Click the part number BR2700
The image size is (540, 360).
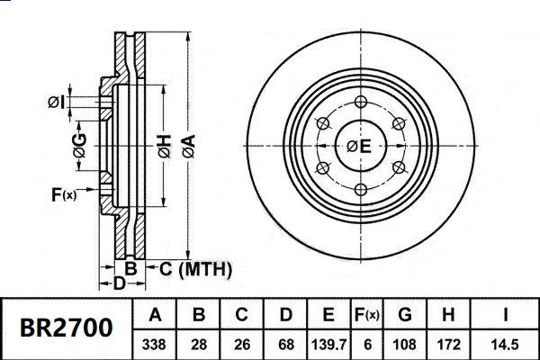pyautogui.click(x=67, y=328)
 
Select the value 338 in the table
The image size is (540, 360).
pyautogui.click(x=155, y=343)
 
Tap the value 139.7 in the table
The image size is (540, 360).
pyautogui.click(x=328, y=343)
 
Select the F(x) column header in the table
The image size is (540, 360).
pyautogui.click(x=367, y=315)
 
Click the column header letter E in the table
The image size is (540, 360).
pyautogui.click(x=328, y=315)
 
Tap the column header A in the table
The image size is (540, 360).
pyautogui.click(x=155, y=315)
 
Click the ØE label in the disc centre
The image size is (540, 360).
pyautogui.click(x=359, y=146)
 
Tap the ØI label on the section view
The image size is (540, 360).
pyautogui.click(x=56, y=102)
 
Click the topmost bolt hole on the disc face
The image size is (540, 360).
pyautogui.click(x=359, y=101)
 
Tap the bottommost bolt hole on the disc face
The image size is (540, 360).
pyautogui.click(x=359, y=188)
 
